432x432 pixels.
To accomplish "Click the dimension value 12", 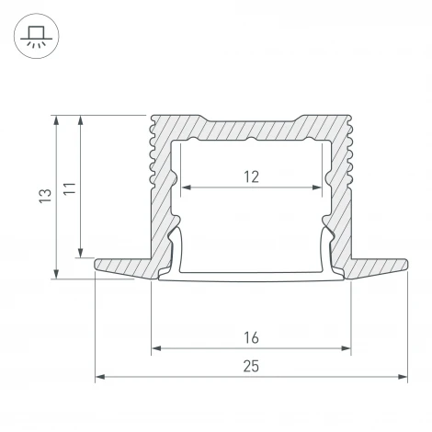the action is click(x=251, y=176).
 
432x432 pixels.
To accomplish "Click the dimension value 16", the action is click(x=251, y=338).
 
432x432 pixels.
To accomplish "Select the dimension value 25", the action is click(x=251, y=367).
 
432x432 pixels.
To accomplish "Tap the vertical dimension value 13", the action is click(x=45, y=195).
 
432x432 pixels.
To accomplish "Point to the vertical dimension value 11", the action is click(x=70, y=188).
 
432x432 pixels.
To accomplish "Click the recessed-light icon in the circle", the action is click(x=37, y=37).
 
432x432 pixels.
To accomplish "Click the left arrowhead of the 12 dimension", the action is click(x=187, y=188).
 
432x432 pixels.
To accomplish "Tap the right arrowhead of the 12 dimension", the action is click(x=316, y=188).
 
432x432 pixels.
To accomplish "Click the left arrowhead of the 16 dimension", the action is click(x=156, y=348).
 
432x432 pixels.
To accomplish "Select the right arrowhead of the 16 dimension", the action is click(x=346, y=348).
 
